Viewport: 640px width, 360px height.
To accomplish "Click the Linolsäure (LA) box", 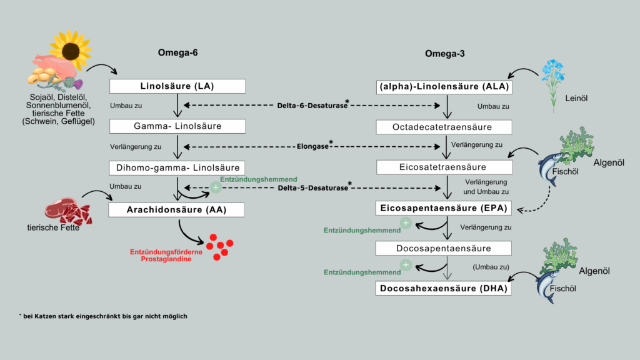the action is pyautogui.click(x=177, y=86).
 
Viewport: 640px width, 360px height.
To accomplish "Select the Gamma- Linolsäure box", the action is pyautogui.click(x=177, y=126).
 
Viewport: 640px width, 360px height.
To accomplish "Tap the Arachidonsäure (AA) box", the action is pyautogui.click(x=176, y=210).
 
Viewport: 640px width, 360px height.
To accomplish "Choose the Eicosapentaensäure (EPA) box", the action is pyautogui.click(x=443, y=208).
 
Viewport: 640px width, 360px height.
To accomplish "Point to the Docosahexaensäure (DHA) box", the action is pyautogui.click(x=443, y=289).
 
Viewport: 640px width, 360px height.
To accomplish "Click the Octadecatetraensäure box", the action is pyautogui.click(x=444, y=127).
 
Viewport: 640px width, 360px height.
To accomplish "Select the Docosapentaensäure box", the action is pyautogui.click(x=444, y=248).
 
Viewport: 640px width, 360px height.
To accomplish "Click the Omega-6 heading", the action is pyautogui.click(x=178, y=52).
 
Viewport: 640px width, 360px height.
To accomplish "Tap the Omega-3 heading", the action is pyautogui.click(x=445, y=54).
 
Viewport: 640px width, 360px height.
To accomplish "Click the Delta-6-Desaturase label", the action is pyautogui.click(x=313, y=105).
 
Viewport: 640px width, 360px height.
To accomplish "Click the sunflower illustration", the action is pyautogui.click(x=71, y=50).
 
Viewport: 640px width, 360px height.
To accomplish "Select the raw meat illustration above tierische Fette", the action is pyautogui.click(x=67, y=212).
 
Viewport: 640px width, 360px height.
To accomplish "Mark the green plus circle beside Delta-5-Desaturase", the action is pyautogui.click(x=216, y=187).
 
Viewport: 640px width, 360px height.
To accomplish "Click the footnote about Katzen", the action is pyautogui.click(x=103, y=316).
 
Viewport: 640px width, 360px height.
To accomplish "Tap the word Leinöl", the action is pyautogui.click(x=576, y=98).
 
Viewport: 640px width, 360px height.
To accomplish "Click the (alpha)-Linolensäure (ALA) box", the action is pyautogui.click(x=444, y=87).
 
